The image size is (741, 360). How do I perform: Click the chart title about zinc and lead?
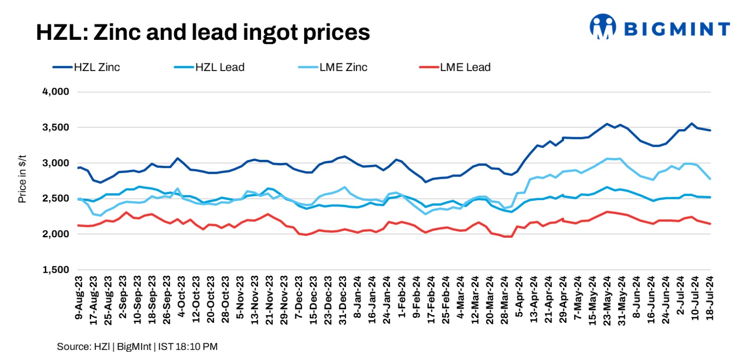click(x=203, y=32)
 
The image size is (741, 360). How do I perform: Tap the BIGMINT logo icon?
click(x=603, y=26)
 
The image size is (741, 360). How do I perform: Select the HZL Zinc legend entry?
click(x=97, y=67)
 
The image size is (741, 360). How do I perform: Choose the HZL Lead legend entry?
click(x=220, y=67)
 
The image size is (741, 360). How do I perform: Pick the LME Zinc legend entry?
click(x=343, y=67)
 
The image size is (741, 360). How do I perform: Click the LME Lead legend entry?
click(x=465, y=67)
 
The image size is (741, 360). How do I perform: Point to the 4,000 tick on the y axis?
click(x=56, y=92)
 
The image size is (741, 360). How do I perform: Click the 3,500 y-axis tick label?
click(x=56, y=127)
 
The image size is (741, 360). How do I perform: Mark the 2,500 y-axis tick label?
click(x=56, y=198)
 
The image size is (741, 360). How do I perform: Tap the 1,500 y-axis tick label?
click(x=56, y=270)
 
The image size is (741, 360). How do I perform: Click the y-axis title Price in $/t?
click(x=22, y=179)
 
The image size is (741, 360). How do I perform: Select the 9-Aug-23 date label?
click(x=79, y=298)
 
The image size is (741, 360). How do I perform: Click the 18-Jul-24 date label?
click(x=710, y=298)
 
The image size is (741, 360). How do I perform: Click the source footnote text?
click(x=137, y=347)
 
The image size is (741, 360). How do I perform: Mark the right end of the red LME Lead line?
click(x=710, y=224)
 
